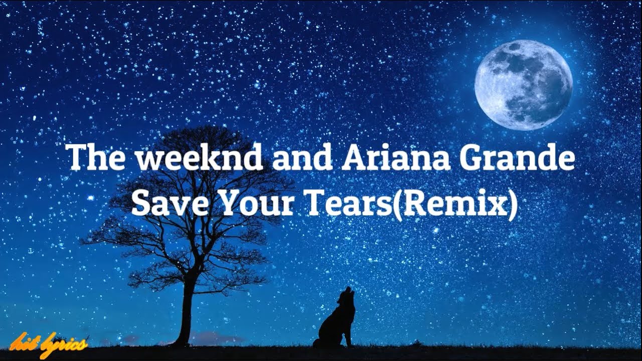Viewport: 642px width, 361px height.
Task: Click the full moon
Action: (x=523, y=85)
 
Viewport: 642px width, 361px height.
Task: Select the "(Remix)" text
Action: (x=454, y=204)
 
